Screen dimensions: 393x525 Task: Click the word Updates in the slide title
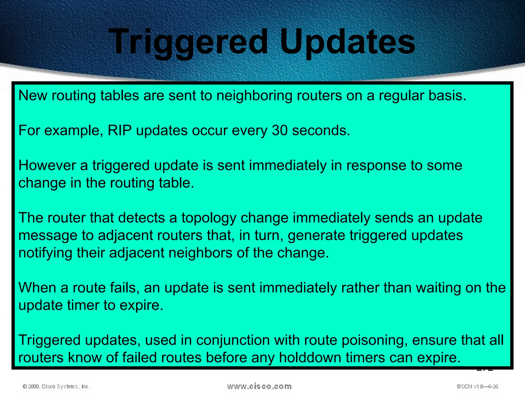[347, 42]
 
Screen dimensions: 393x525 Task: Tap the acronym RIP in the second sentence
[119, 130]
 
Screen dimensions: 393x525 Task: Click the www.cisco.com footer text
[259, 386]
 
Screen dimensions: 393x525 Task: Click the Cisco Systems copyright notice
[57, 386]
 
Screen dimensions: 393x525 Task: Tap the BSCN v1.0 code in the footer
[477, 386]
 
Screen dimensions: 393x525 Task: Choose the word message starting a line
[48, 236]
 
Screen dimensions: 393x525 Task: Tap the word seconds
[321, 130]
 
